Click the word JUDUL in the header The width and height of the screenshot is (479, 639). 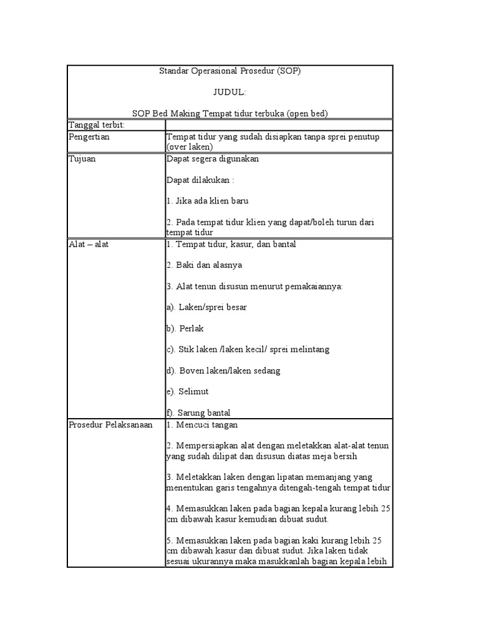(x=230, y=92)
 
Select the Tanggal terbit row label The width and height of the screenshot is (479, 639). (x=96, y=125)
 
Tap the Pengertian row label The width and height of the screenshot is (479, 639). (x=89, y=137)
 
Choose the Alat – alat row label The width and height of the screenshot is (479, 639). (x=89, y=244)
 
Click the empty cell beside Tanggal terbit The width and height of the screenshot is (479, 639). (x=278, y=125)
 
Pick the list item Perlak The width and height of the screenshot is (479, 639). (x=185, y=328)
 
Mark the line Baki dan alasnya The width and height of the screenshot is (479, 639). (x=204, y=265)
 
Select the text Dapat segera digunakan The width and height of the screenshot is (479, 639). (x=212, y=159)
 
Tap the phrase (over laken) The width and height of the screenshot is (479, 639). (x=190, y=147)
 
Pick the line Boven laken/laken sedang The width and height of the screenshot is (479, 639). (x=223, y=371)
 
